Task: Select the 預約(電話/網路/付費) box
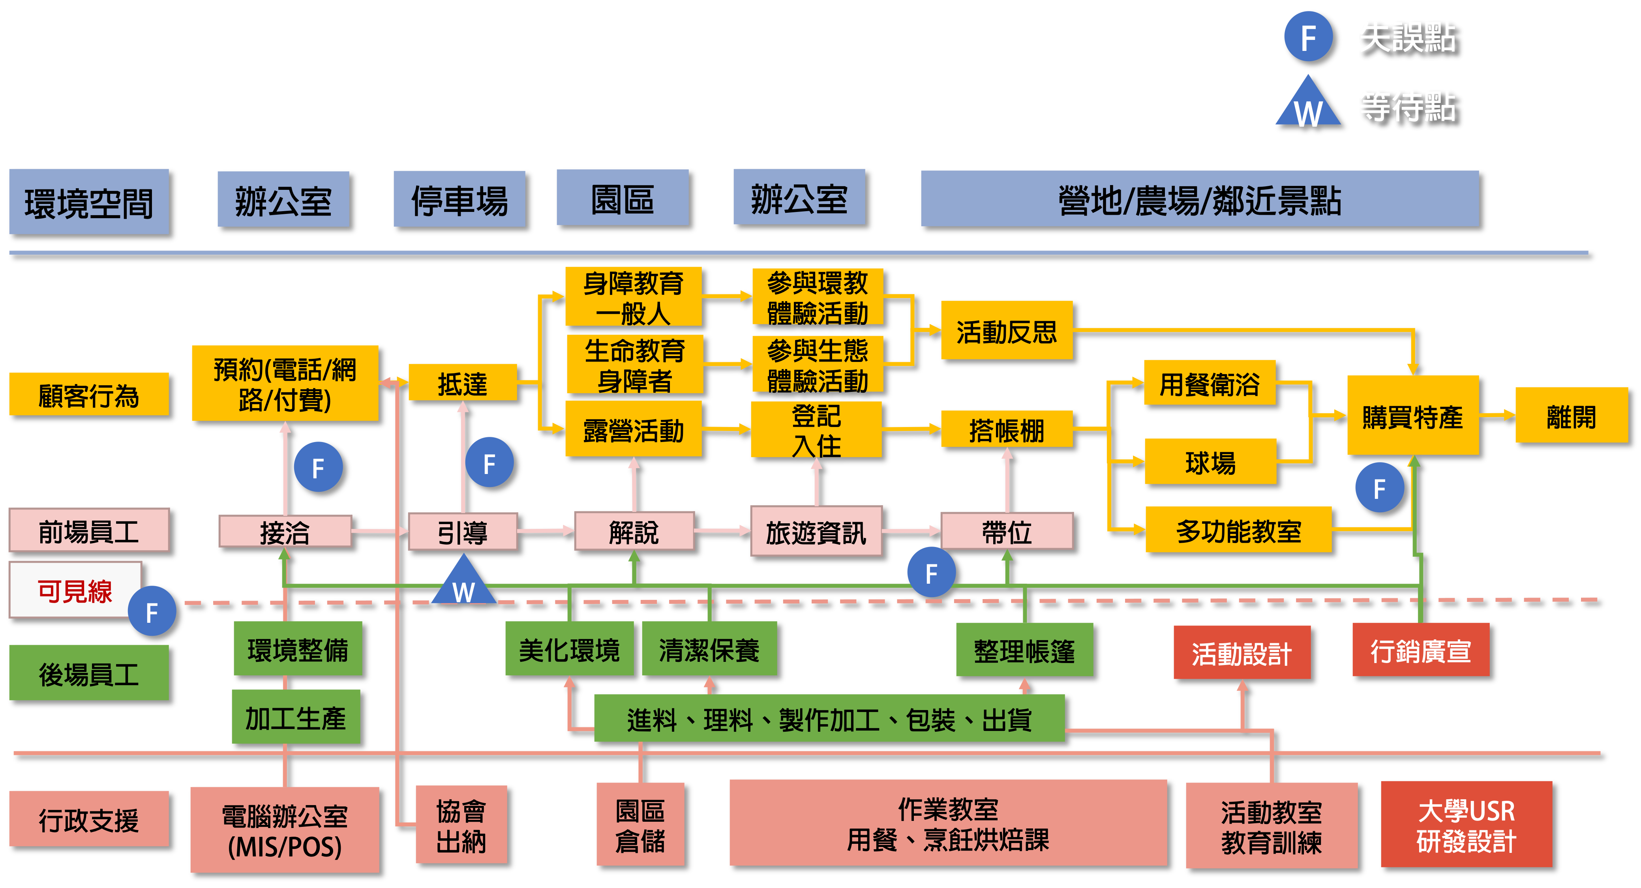pyautogui.click(x=285, y=384)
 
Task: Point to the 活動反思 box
pyautogui.click(x=1007, y=331)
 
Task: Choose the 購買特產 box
pyautogui.click(x=1412, y=415)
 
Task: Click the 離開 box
pyautogui.click(x=1571, y=415)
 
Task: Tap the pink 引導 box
pyautogui.click(x=463, y=531)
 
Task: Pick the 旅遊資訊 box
pyautogui.click(x=816, y=531)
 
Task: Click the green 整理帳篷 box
pyautogui.click(x=1024, y=650)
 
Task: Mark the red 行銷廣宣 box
pyautogui.click(x=1421, y=650)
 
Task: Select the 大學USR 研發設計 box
pyautogui.click(x=1466, y=824)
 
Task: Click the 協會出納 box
pyautogui.click(x=461, y=824)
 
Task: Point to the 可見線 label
pyautogui.click(x=75, y=590)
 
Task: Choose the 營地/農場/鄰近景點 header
pyautogui.click(x=1200, y=199)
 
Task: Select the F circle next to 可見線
pyautogui.click(x=152, y=611)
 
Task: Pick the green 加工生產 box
pyautogui.click(x=296, y=717)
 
